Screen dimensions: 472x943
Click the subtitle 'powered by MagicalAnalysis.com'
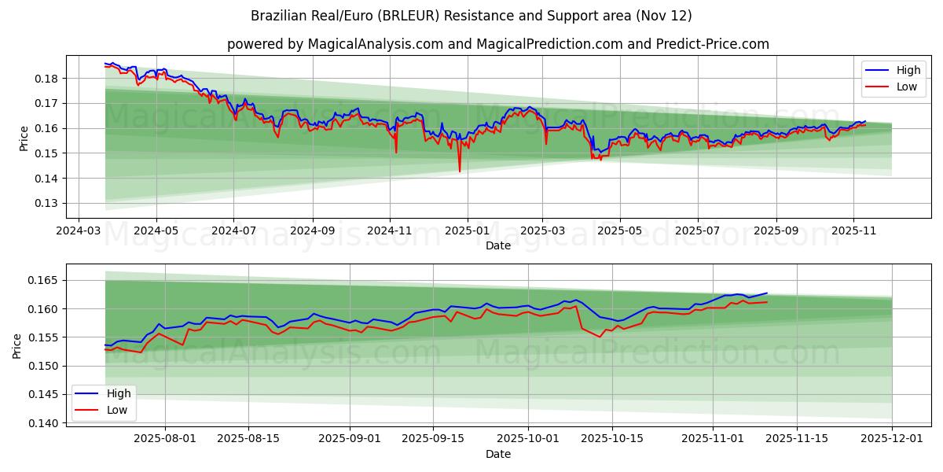(497, 44)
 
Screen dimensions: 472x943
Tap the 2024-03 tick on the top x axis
(78, 231)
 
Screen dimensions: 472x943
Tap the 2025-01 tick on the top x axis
(468, 231)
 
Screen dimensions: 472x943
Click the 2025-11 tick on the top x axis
(853, 231)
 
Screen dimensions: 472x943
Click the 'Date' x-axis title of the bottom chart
(497, 454)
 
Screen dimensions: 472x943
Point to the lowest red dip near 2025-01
(460, 171)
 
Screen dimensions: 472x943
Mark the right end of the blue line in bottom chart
(767, 293)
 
